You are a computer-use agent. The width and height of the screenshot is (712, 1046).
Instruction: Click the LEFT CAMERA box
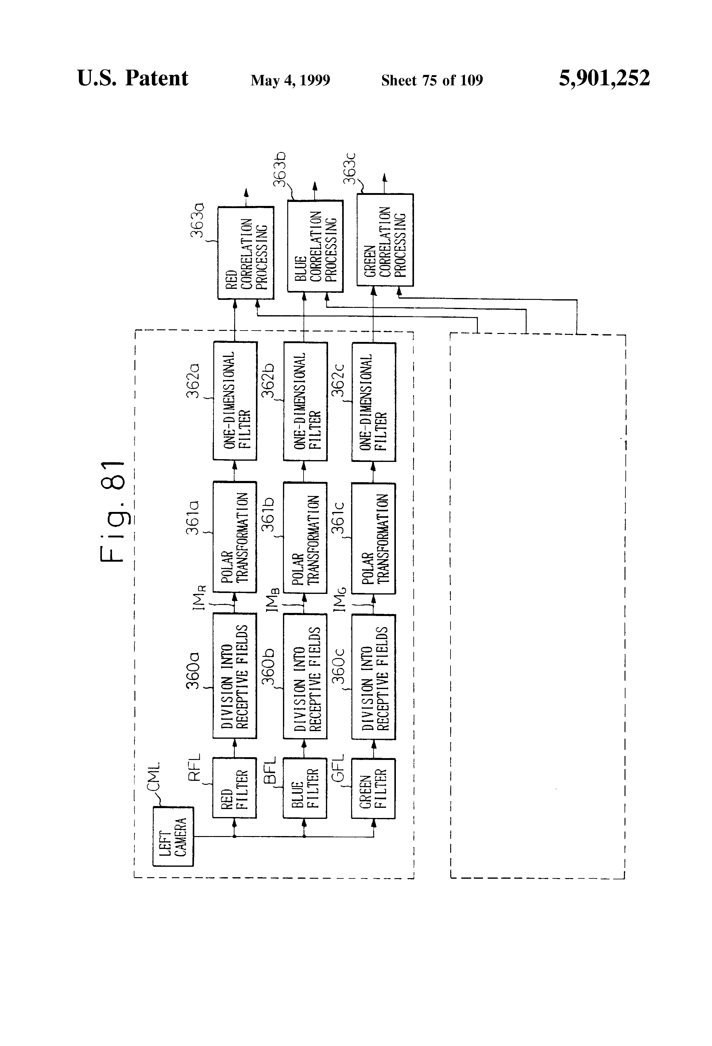point(173,836)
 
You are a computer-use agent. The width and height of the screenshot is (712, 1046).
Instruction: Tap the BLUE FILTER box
point(305,788)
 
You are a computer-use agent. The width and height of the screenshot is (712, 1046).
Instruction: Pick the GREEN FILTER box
point(373,788)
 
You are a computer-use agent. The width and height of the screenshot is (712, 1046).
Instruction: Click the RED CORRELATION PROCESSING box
point(246,253)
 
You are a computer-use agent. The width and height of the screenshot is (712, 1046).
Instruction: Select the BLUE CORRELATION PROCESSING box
point(315,246)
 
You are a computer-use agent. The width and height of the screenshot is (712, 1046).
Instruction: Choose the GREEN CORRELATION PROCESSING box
point(385,240)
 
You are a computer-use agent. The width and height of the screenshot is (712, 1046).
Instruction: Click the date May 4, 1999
point(290,80)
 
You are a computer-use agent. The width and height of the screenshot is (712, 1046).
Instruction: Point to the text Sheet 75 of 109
point(432,80)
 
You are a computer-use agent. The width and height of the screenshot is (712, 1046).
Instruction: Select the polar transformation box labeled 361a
point(234,537)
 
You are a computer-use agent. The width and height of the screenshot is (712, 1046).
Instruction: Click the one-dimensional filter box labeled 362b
point(305,401)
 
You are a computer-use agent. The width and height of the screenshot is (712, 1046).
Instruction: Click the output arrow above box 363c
point(384,184)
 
